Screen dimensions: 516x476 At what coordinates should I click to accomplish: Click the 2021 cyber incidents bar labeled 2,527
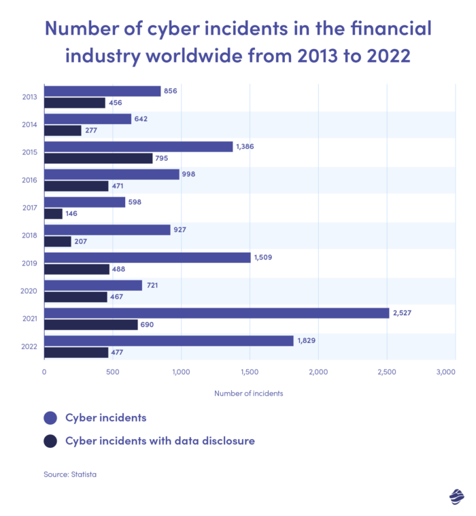coord(216,312)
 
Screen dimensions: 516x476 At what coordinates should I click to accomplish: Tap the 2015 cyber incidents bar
coord(138,146)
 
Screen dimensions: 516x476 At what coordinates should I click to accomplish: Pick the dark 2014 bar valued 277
coord(63,130)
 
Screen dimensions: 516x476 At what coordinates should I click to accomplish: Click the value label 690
coord(148,325)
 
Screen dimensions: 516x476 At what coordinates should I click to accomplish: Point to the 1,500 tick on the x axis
coord(250,372)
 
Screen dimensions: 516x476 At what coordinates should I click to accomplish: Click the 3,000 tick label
coord(445,372)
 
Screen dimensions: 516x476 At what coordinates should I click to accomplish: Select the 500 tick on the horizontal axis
coord(113,372)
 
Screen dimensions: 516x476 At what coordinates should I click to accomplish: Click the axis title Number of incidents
coord(248,393)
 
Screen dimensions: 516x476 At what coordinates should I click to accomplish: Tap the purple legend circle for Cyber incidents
coord(50,417)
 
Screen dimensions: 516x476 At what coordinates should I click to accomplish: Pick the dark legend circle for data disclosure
coord(50,441)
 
